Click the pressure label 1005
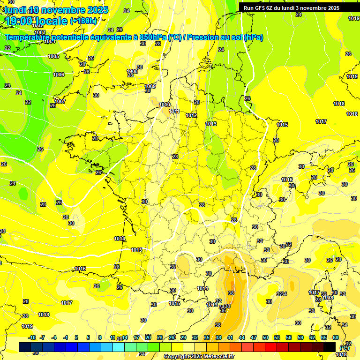coord(53,56)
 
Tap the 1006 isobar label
coord(59,75)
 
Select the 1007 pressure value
coord(60,101)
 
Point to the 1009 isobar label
coord(150,86)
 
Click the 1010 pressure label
coord(165,105)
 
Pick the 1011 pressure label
coord(174,111)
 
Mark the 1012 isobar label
coord(191,115)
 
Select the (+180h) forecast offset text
coord(83,21)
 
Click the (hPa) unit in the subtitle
coord(254,37)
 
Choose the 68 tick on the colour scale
coord(335,337)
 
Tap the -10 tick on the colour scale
coord(32,337)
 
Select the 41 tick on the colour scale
coord(230,337)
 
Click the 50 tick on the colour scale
coord(265,337)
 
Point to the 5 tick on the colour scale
coord(89,337)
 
